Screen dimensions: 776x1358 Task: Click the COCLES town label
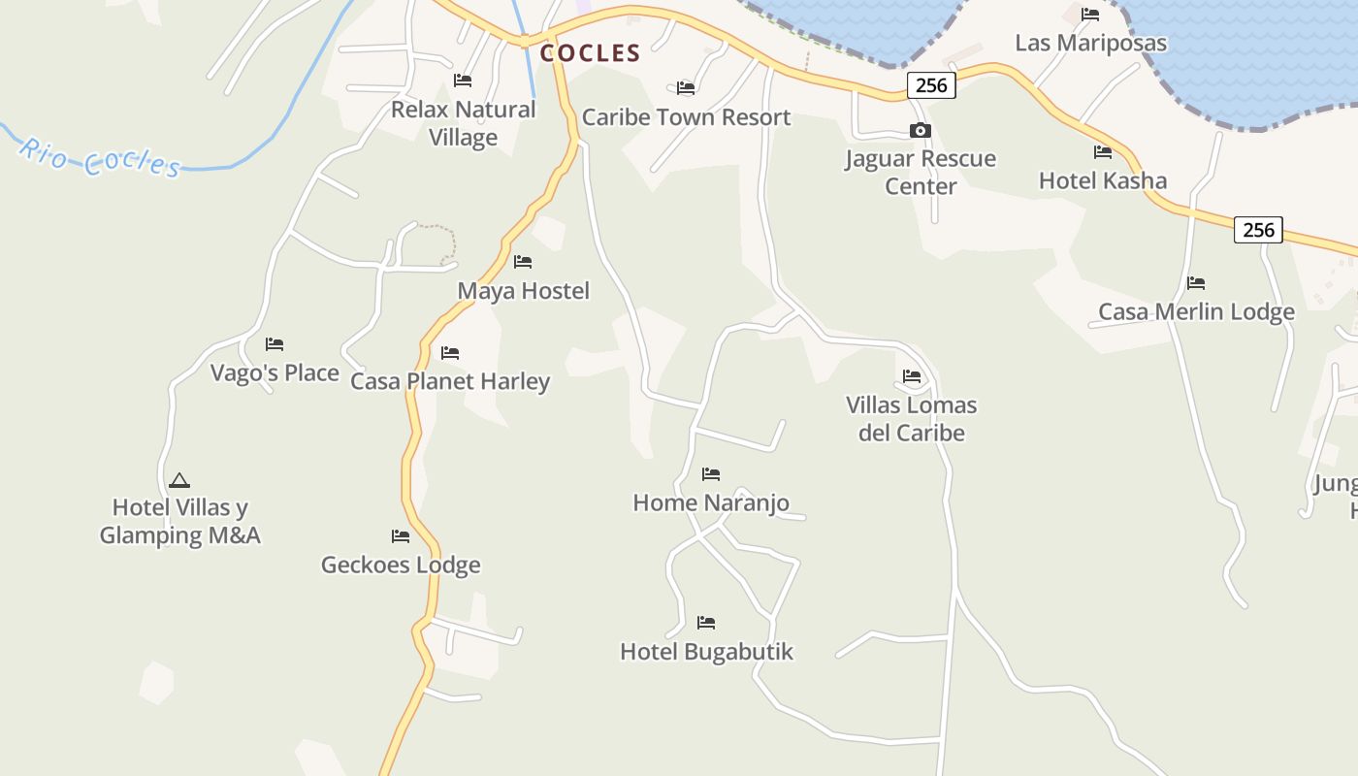click(590, 53)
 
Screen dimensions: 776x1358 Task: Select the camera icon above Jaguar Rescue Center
click(920, 130)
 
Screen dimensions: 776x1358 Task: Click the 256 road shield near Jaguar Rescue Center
click(931, 85)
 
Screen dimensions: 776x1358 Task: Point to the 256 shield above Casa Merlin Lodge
click(1258, 230)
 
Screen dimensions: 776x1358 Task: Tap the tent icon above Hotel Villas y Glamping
click(178, 480)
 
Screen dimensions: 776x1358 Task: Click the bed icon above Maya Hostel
click(523, 262)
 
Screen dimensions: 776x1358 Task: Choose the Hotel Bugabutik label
click(706, 652)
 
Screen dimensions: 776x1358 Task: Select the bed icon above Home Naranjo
click(711, 474)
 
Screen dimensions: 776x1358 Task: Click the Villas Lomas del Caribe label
click(911, 418)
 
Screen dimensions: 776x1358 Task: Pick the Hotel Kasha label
click(1103, 180)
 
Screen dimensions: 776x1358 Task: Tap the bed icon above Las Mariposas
click(1090, 15)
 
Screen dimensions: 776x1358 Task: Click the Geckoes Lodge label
click(401, 565)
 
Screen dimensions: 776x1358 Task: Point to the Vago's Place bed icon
click(275, 344)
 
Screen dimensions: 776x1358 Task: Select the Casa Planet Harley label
click(450, 381)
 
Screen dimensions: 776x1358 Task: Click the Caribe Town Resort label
click(686, 117)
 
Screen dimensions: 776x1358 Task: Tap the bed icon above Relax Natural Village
click(463, 81)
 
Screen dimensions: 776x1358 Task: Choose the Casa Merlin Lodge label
click(1196, 311)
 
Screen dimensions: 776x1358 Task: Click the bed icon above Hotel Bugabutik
click(706, 623)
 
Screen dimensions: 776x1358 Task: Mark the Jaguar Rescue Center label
click(921, 172)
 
